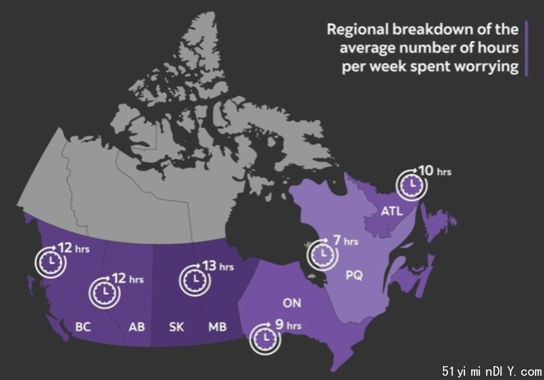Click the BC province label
point(83,326)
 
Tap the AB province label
point(137,326)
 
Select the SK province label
point(176,326)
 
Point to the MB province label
point(217,326)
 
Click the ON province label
point(292,303)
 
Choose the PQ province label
point(354,275)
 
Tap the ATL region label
point(392,211)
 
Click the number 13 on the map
point(209,266)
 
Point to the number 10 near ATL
point(426,170)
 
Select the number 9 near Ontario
point(279,324)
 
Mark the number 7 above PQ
point(337,240)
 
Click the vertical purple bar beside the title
point(526,48)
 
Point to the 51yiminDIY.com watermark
point(492,372)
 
